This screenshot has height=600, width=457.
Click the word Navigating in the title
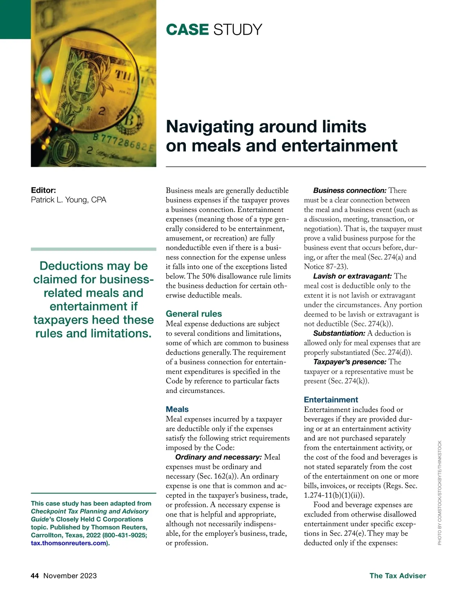coord(209,127)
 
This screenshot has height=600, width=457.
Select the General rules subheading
coord(194,314)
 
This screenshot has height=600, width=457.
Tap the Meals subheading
coord(177,409)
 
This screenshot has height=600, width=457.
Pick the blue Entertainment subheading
coord(331,400)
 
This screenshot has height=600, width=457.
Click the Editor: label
coord(43,190)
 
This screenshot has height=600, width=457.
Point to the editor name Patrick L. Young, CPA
coord(69,200)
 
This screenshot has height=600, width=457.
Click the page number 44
coord(35,576)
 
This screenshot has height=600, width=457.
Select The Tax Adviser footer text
coord(398,576)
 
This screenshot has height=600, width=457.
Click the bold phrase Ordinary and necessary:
coord(218,457)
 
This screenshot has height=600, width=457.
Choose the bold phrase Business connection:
coord(350,190)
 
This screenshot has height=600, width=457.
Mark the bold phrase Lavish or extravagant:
coord(352,276)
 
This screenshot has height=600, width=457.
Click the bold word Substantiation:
coord(339,333)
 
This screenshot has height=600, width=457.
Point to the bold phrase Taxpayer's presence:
coord(350,362)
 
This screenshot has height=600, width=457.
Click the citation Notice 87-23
coord(325,267)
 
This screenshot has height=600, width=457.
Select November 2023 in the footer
coord(70,576)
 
